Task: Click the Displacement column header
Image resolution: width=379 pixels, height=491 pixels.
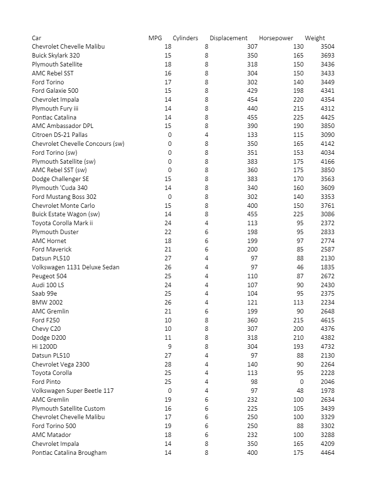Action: point(228,38)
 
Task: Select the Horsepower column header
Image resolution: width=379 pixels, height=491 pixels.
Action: point(276,38)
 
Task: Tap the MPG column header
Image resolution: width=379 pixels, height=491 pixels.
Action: point(155,38)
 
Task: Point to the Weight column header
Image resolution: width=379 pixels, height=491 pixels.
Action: point(315,38)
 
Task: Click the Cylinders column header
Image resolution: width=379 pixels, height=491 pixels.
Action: point(185,38)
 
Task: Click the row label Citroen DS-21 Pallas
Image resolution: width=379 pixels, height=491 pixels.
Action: point(59,135)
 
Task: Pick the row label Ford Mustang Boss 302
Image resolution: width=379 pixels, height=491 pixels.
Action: point(64,197)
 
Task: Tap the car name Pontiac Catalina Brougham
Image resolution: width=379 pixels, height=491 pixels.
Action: point(69,453)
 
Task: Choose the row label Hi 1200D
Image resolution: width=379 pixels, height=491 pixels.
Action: point(45,347)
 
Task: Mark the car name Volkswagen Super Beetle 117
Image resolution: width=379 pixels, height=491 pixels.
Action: point(72,391)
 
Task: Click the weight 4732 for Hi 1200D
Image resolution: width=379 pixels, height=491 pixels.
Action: point(327,347)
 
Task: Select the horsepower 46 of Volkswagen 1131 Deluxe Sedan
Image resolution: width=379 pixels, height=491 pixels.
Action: point(299,267)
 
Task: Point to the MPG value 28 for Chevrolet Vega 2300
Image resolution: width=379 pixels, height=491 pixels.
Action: point(168,365)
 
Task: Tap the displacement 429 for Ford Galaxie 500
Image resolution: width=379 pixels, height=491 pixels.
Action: point(252,91)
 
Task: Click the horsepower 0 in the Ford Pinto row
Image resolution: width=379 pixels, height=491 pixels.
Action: point(301,382)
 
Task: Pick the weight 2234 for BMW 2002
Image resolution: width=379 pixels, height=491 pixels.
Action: point(327,303)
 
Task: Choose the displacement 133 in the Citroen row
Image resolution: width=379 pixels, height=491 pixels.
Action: point(252,135)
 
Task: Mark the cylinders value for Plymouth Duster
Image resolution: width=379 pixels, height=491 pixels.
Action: point(207,232)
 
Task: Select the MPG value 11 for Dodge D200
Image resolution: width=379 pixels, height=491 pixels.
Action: point(168,338)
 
